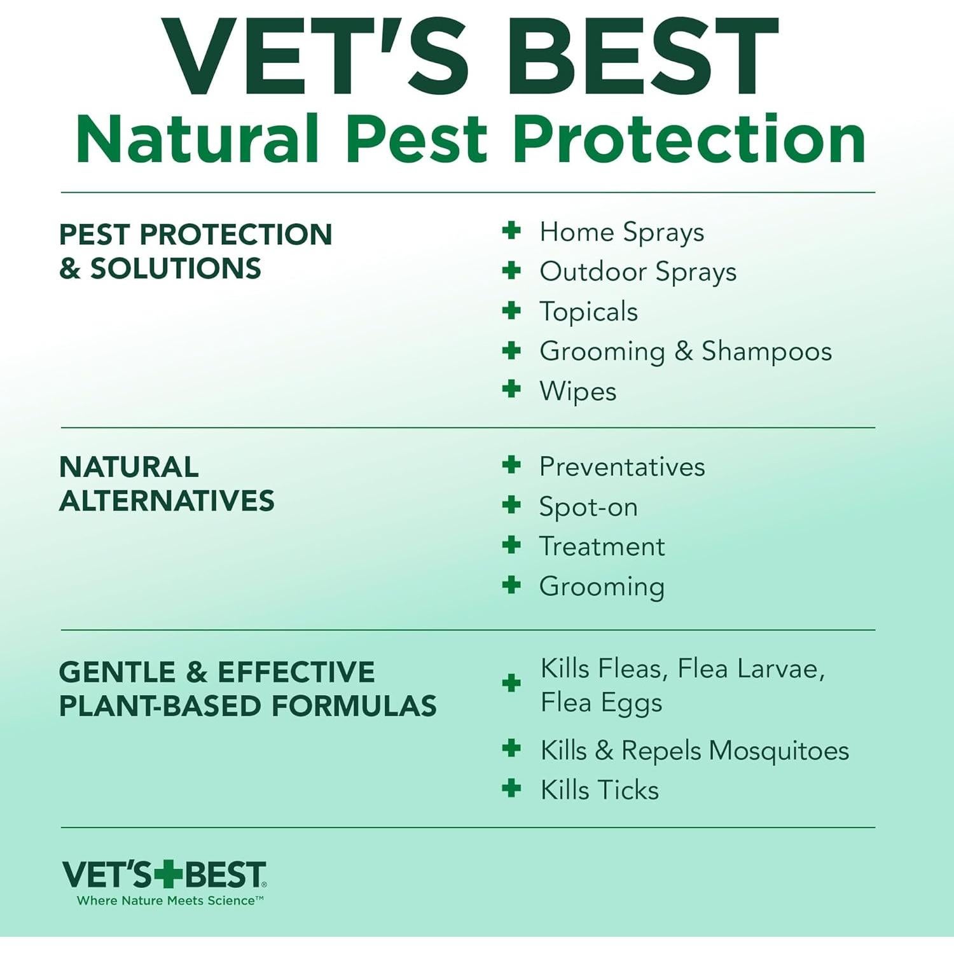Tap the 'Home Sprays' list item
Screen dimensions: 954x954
coord(621,233)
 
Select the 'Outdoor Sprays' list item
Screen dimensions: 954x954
coord(637,272)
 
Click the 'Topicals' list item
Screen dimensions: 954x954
coord(588,312)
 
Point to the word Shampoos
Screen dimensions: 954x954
coord(766,352)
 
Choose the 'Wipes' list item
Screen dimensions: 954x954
coord(577,391)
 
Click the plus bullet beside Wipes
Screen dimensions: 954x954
coord(511,389)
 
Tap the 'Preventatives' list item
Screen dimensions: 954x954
coord(621,467)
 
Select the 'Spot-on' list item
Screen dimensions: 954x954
coord(588,507)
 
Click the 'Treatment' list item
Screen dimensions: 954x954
coord(602,547)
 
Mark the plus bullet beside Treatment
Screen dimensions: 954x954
coord(511,545)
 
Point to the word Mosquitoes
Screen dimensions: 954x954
coord(778,750)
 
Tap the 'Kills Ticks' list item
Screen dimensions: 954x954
coord(599,790)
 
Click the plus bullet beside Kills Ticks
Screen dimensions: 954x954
coord(511,789)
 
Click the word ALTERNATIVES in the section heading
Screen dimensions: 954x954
coord(167,501)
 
